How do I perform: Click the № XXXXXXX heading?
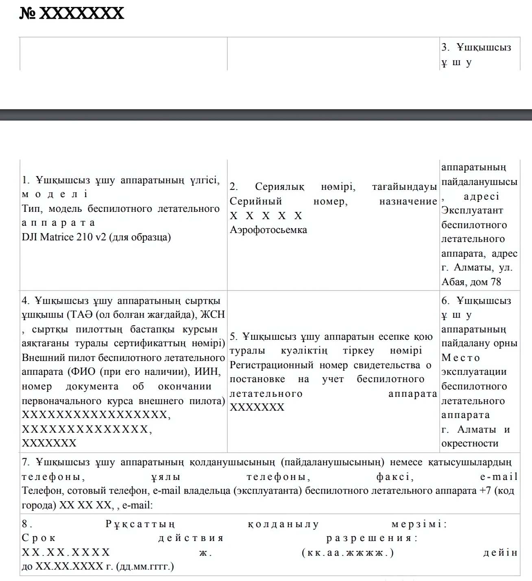(x=72, y=13)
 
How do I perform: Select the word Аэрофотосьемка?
(x=268, y=230)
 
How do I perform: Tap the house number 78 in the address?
(x=496, y=282)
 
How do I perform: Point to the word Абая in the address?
(x=454, y=282)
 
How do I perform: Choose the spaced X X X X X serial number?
(x=266, y=216)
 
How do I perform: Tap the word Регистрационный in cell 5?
(x=271, y=365)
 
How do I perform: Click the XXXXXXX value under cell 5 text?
(x=257, y=407)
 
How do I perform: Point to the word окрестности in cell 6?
(x=470, y=444)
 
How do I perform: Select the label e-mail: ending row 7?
(x=137, y=506)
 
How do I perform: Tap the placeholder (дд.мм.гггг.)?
(x=145, y=567)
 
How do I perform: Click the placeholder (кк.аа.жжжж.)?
(x=348, y=553)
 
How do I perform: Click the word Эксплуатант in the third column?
(x=472, y=211)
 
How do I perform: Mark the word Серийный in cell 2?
(x=255, y=201)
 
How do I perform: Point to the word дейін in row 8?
(x=500, y=553)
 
